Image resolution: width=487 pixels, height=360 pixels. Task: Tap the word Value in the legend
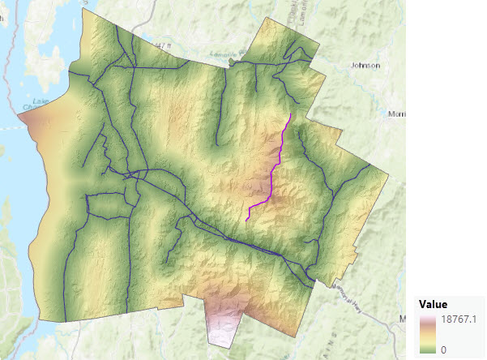point(434,304)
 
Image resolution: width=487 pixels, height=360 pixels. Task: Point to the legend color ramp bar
point(429,334)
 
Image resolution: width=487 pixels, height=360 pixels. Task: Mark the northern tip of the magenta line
point(291,114)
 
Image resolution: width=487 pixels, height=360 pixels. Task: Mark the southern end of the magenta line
point(246,220)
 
